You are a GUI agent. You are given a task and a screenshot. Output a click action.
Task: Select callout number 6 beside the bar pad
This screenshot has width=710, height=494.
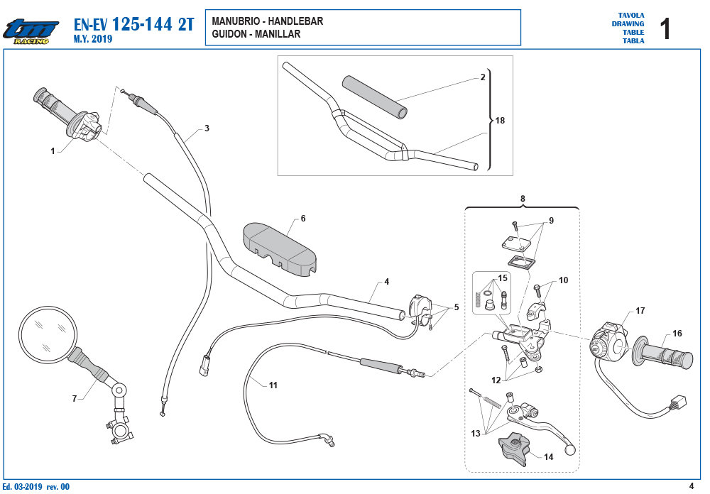coord(303,218)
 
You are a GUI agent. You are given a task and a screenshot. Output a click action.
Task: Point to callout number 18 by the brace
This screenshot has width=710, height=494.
coord(500,121)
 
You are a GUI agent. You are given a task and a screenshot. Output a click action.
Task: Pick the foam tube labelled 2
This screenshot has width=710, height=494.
coord(374,97)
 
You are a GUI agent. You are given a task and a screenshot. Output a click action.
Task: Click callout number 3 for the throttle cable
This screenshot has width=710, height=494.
coord(207,128)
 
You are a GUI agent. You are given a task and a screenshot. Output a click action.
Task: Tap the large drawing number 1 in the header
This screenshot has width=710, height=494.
coord(665,29)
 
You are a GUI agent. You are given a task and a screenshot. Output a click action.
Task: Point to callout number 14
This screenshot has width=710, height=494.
coord(548,457)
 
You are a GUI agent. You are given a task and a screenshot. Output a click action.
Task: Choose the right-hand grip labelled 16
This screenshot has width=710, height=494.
coord(662,353)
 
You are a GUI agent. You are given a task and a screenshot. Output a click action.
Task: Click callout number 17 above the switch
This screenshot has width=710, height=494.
coord(640,311)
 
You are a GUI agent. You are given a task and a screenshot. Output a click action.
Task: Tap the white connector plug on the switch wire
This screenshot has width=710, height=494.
coord(679,402)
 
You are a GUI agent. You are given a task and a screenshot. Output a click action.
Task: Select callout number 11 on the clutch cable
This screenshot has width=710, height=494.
coord(273,385)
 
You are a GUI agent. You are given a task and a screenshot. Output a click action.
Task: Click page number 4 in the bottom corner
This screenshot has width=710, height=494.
coord(691,486)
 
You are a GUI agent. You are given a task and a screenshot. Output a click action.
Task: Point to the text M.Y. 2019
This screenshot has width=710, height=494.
coord(93,39)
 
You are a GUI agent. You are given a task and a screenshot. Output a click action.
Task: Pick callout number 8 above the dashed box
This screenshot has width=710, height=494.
coord(523,199)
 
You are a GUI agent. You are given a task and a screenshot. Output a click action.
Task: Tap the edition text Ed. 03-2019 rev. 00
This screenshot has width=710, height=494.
coord(35,487)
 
